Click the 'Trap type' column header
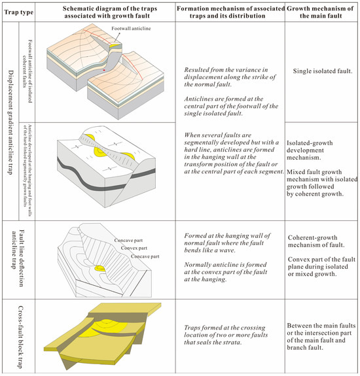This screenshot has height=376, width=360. click(x=19, y=12)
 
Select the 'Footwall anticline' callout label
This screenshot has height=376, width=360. click(x=131, y=28)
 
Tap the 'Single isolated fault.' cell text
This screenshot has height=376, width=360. click(x=323, y=71)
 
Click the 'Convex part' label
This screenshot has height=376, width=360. click(x=134, y=248)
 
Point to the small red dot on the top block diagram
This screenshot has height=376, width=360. click(x=104, y=70)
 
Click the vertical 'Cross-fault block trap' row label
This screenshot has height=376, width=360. click(x=20, y=336)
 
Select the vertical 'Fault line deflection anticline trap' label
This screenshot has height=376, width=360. click(x=18, y=258)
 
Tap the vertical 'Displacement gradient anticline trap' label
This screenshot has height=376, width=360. click(x=11, y=122)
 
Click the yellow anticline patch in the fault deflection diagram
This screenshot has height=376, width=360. click(x=100, y=268)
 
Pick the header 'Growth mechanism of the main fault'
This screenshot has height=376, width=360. click(x=321, y=12)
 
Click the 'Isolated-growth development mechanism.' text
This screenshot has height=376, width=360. click(x=310, y=150)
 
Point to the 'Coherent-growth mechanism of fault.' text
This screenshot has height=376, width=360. click(x=316, y=241)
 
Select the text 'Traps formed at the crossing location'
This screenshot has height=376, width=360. click(x=226, y=331)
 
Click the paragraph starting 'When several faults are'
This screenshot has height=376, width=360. click(x=234, y=153)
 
